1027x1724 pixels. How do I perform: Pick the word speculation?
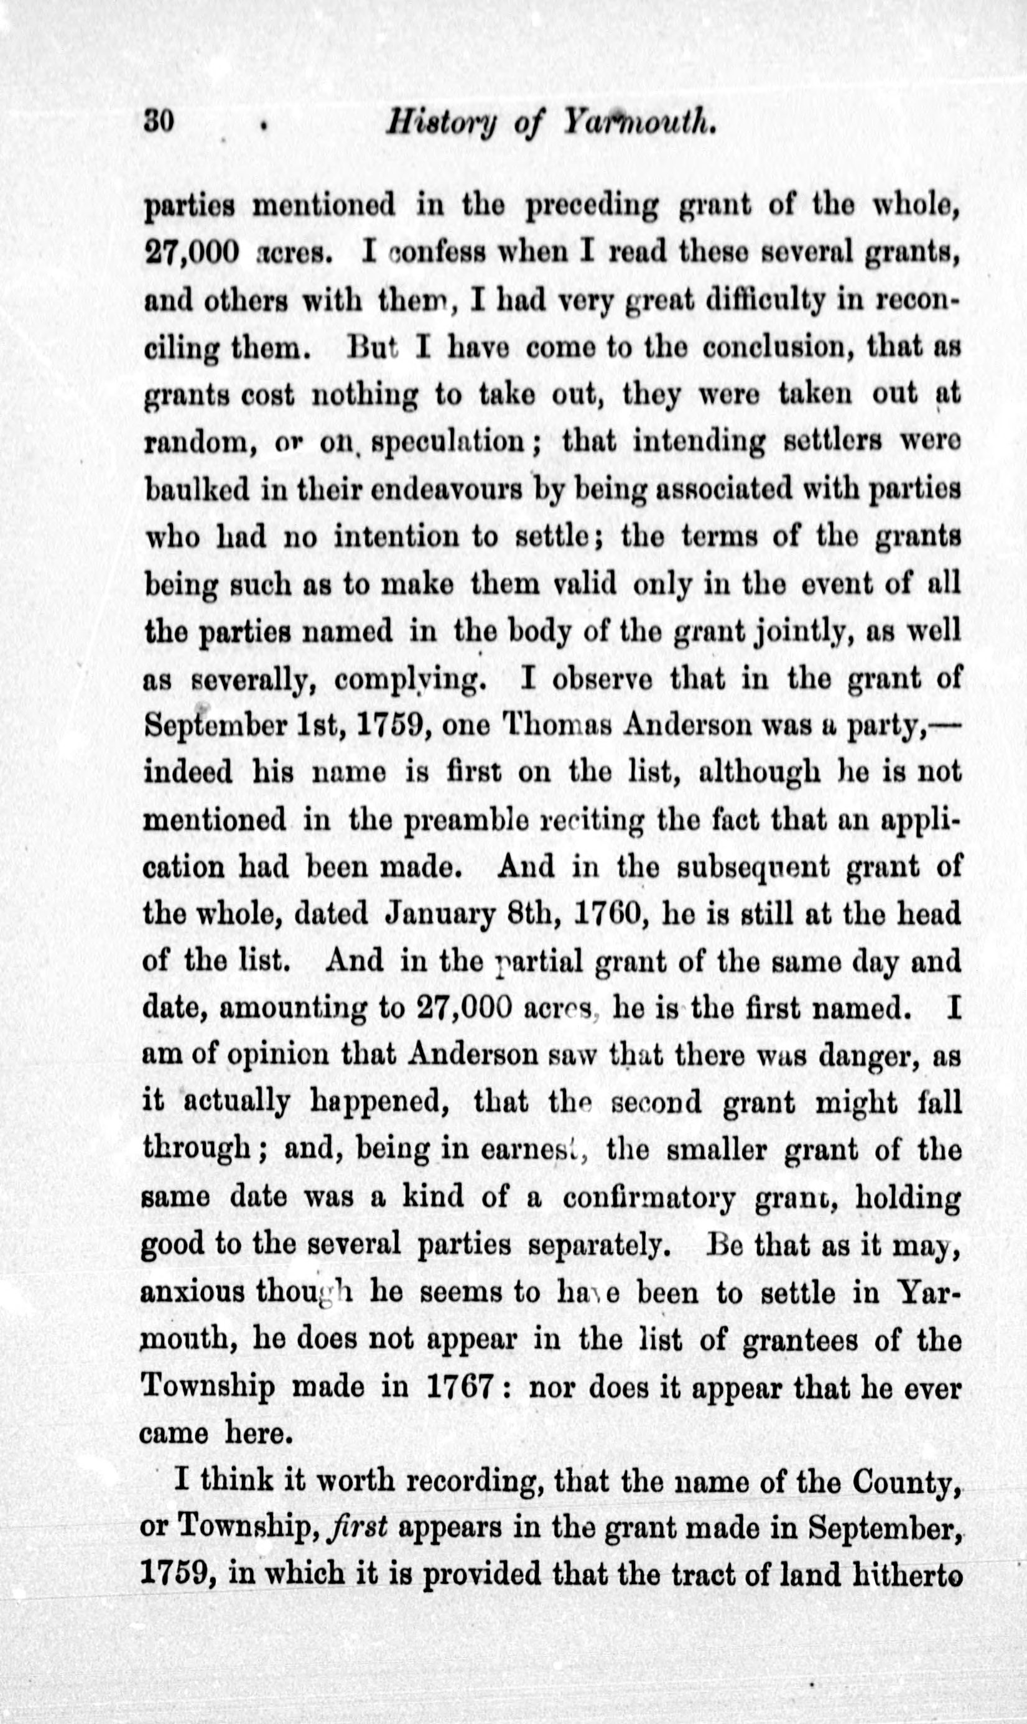[x=452, y=442]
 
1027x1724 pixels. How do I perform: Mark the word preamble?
[x=467, y=820]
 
